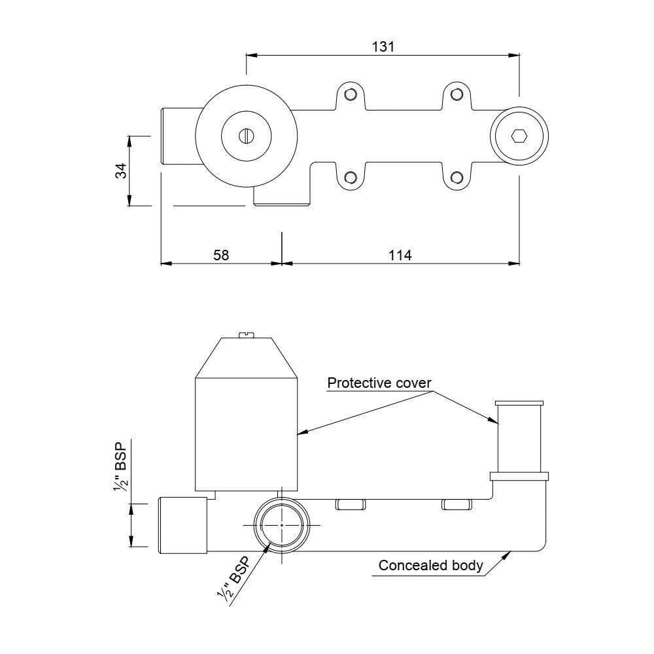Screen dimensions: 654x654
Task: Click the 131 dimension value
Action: [x=383, y=46]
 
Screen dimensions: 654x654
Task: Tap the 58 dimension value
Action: [x=221, y=255]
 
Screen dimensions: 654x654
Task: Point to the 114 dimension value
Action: [x=400, y=255]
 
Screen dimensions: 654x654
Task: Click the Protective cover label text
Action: [x=379, y=383]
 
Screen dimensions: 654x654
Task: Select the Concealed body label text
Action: [x=430, y=566]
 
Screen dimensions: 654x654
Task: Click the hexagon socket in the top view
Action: [x=519, y=136]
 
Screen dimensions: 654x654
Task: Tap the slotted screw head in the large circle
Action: [x=247, y=136]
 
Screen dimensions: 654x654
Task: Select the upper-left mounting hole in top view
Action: [x=351, y=95]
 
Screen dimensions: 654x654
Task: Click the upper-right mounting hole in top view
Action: [x=457, y=95]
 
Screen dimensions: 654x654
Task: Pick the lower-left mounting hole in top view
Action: [x=351, y=177]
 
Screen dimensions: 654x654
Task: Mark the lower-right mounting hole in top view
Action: [x=457, y=177]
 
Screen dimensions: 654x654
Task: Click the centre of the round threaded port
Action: [x=281, y=525]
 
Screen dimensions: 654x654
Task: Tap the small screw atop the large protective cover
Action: [x=247, y=336]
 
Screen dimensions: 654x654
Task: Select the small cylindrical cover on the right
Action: [x=519, y=437]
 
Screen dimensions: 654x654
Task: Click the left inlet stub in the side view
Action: [x=183, y=525]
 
